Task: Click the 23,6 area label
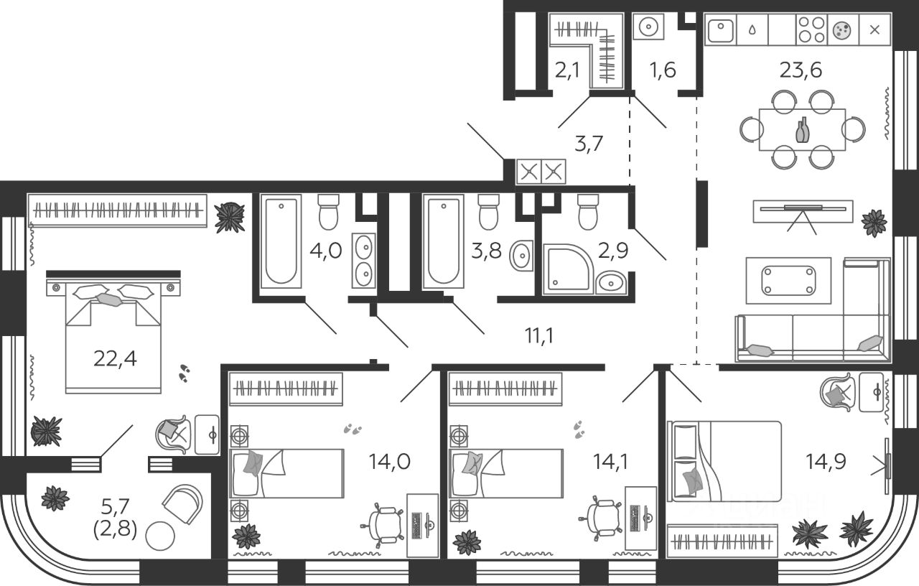click(x=801, y=70)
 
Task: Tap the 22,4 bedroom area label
click(x=115, y=357)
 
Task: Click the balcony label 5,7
click(x=116, y=511)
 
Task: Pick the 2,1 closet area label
click(x=568, y=70)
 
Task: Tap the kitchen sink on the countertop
click(x=719, y=31)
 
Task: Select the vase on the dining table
click(x=802, y=131)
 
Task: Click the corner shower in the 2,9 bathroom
click(x=567, y=269)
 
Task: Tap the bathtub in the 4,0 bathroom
click(x=279, y=242)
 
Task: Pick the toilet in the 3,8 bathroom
click(x=488, y=210)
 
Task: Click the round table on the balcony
click(x=160, y=536)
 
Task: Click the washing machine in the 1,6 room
click(x=648, y=27)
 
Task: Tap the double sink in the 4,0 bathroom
click(x=363, y=259)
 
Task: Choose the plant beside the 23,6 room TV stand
click(x=874, y=223)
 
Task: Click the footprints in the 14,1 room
click(x=579, y=429)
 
